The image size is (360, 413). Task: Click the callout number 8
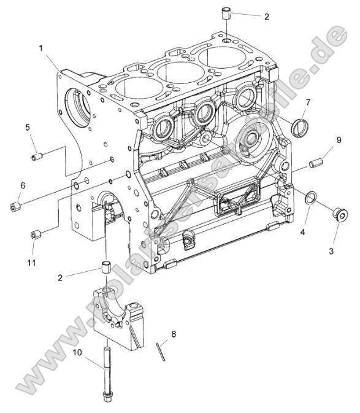point(174,334)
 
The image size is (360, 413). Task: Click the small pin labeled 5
point(36,157)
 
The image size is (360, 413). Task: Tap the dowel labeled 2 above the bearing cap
point(106,267)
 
